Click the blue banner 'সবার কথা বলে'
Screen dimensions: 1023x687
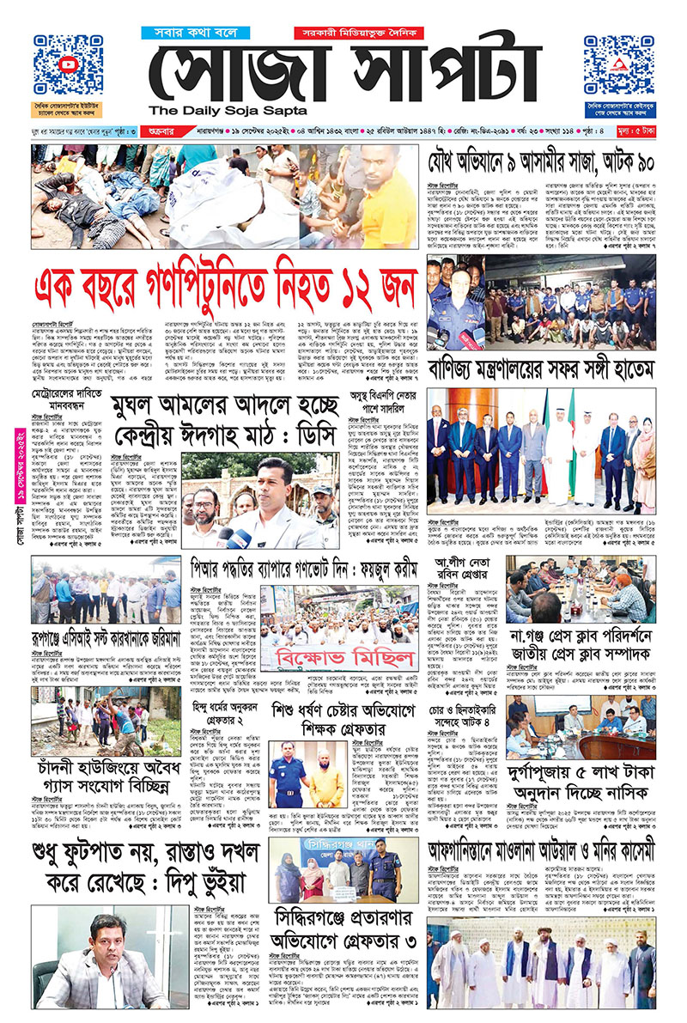(199, 33)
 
